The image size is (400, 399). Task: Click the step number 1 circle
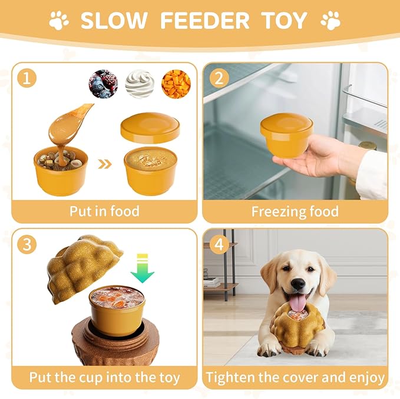pos(27,78)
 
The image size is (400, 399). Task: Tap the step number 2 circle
pos(219,78)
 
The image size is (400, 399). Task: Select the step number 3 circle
pos(27,244)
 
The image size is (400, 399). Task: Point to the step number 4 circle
pos(219,244)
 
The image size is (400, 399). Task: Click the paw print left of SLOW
pos(59,20)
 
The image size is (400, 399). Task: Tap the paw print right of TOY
pos(331,20)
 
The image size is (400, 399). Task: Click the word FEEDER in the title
pos(205,21)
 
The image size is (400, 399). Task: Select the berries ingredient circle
pos(103,84)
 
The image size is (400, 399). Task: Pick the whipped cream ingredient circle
pos(140,84)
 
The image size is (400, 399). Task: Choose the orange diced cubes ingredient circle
pos(176,84)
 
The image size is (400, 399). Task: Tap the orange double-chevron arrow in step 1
pos(105,164)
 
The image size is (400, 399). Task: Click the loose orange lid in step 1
pos(150,128)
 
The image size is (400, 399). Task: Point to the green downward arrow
pos(143,268)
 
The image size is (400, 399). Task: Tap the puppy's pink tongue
pos(297,303)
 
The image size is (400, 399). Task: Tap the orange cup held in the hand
pos(287,135)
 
